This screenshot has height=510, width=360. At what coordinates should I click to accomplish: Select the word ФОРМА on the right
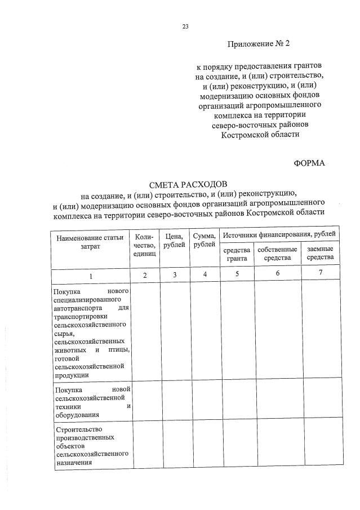[309, 163]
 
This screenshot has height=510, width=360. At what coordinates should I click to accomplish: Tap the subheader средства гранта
[237, 254]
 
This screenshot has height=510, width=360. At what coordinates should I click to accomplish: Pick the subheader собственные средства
[277, 254]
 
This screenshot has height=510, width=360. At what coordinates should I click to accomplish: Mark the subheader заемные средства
[320, 254]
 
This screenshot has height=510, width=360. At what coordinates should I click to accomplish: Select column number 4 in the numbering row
[205, 274]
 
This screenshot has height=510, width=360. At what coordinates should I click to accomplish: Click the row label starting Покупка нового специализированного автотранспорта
[92, 332]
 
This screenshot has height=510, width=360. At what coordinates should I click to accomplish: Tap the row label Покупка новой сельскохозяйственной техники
[92, 401]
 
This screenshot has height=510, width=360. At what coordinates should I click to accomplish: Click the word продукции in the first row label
[71, 375]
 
